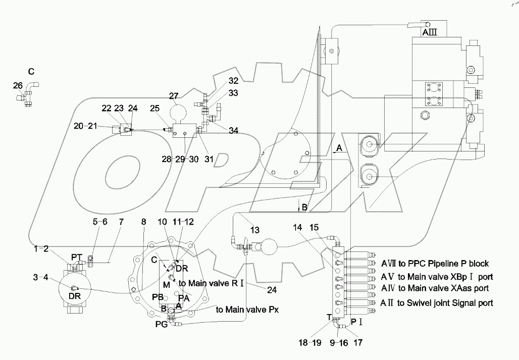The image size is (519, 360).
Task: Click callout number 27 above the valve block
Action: pos(174,96)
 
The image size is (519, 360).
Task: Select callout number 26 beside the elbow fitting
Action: pos(18,85)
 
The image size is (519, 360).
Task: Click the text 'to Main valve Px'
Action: pos(247,309)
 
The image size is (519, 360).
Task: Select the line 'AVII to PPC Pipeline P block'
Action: pos(435,264)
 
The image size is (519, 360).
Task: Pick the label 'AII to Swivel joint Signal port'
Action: pos(437,303)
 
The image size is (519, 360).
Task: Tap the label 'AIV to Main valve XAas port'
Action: pos(435,288)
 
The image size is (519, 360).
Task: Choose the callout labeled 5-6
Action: pos(99,221)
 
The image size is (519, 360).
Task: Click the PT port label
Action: pos(76,258)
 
